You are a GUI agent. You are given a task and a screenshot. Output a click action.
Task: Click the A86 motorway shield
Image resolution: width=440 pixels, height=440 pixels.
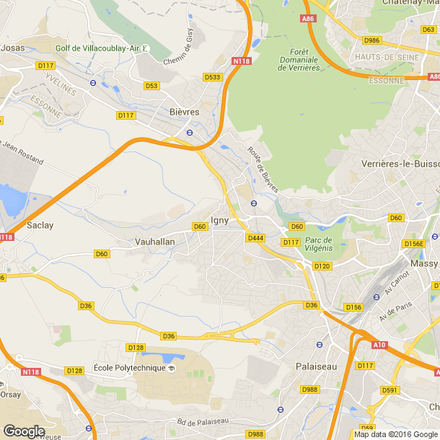pos(309,19)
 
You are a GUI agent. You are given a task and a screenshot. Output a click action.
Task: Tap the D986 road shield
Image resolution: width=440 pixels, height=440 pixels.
pos(372,40)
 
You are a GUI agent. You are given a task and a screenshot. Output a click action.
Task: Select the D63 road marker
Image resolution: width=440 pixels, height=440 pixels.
pos(428,30)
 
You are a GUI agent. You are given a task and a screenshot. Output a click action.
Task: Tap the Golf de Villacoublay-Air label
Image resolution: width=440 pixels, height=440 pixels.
pos(97,48)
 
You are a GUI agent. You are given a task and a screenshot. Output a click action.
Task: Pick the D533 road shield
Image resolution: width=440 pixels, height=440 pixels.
pos(212,76)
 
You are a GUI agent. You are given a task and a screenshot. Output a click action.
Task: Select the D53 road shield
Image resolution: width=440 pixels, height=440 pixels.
pos(151,86)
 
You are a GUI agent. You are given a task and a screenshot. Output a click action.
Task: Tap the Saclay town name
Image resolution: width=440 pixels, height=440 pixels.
pos(40,225)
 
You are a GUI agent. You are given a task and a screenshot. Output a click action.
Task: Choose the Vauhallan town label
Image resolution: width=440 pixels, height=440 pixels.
pos(155,242)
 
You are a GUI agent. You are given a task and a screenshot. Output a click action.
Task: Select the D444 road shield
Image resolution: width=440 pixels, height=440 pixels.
pos(255,238)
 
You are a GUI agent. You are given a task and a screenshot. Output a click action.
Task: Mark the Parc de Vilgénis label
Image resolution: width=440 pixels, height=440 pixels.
pos(317,244)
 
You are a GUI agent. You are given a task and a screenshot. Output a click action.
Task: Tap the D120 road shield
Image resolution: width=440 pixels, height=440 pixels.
pos(322,266)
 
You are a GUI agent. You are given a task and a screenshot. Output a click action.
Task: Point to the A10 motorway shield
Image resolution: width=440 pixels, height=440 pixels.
pos(379,346)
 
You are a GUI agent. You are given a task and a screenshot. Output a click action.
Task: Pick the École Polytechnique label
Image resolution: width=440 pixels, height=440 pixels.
pos(128,368)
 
